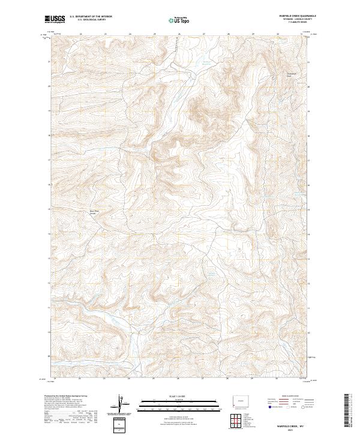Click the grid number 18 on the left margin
tap(49, 136)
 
